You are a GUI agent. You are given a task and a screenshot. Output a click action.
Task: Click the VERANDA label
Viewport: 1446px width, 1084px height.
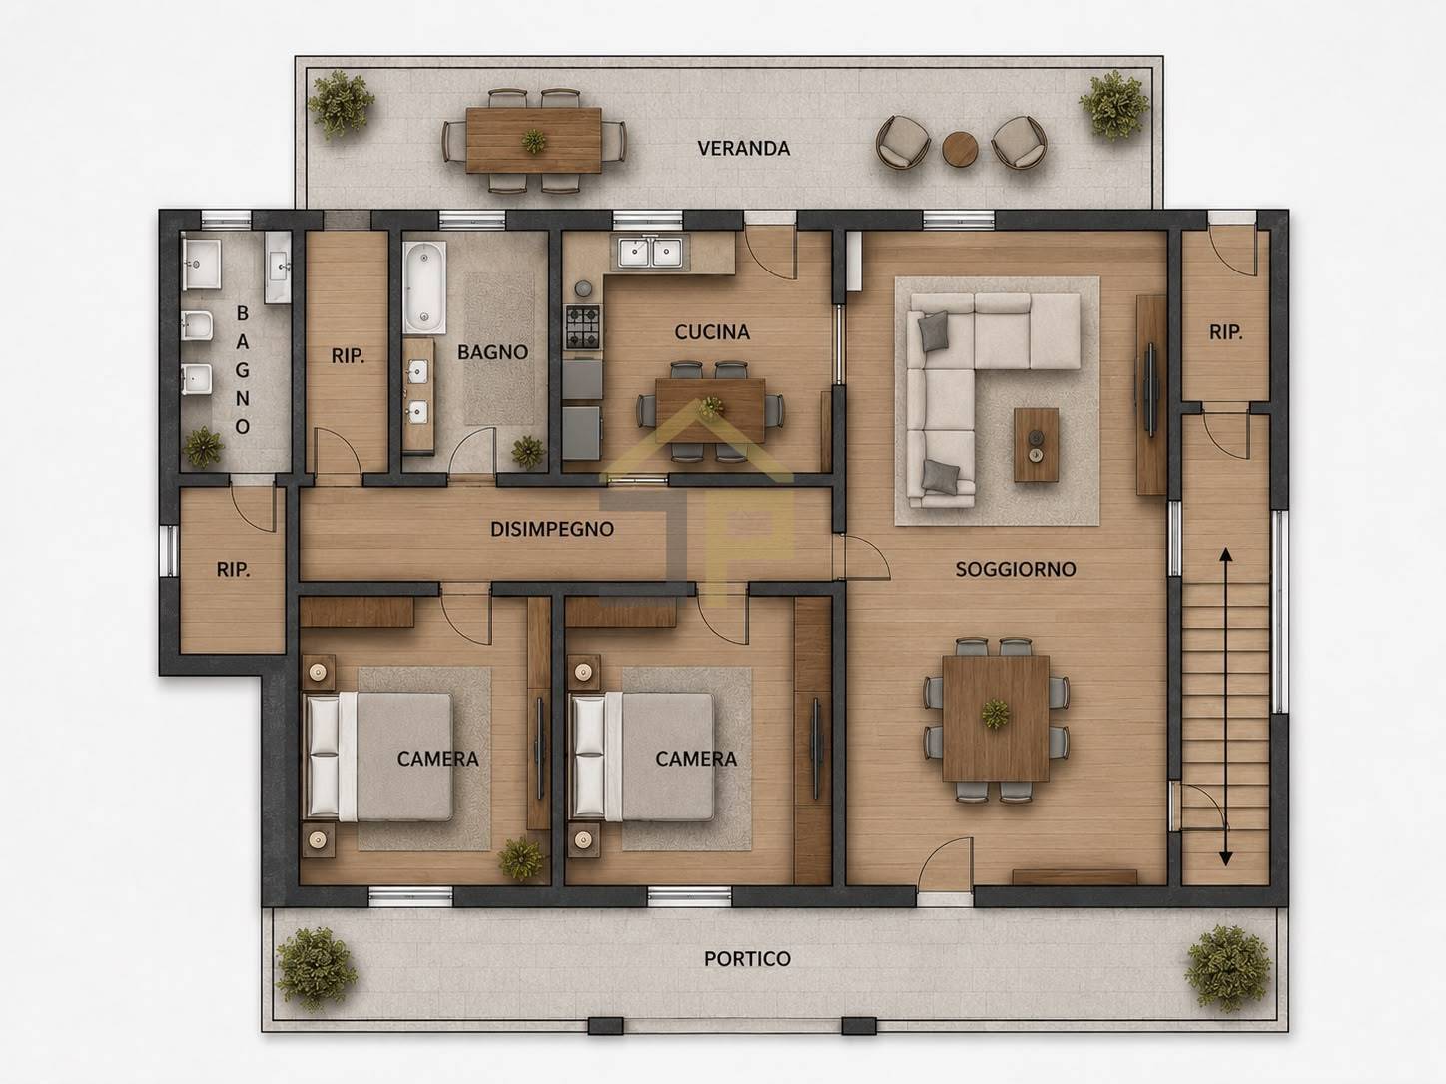(x=743, y=148)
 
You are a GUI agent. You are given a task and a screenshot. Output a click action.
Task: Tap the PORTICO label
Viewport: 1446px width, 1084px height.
(x=747, y=959)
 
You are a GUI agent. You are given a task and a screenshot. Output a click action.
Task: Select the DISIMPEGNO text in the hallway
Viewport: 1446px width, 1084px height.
(x=552, y=529)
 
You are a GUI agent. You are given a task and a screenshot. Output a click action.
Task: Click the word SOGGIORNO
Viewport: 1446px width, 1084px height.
(x=1016, y=569)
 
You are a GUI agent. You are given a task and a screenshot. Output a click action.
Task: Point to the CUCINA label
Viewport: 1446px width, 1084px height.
(x=712, y=332)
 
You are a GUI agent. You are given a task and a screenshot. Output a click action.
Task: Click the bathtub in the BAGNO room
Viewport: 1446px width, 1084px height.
(x=424, y=286)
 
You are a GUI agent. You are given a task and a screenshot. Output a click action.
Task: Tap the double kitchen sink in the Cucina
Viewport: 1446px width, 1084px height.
(x=649, y=252)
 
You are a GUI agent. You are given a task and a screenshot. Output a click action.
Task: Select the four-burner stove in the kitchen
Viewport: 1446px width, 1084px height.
(x=583, y=326)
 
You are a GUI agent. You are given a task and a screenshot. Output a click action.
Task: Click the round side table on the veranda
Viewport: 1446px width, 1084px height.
(x=960, y=150)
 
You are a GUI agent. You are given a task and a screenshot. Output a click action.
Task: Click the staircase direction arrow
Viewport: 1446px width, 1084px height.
(x=1225, y=706)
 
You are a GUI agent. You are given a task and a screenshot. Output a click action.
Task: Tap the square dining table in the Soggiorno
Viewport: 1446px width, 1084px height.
(x=996, y=718)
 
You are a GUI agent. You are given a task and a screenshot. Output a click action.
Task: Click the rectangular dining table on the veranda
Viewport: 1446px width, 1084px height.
(x=533, y=140)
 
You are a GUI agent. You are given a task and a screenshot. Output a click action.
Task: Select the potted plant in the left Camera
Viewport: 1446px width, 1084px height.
(x=521, y=858)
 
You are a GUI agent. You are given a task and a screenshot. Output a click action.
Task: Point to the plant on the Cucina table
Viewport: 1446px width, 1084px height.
(x=710, y=408)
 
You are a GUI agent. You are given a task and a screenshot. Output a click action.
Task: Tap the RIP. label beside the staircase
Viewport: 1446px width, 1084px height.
(x=1226, y=332)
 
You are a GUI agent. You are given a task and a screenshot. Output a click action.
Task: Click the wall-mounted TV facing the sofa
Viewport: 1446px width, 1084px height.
(x=1150, y=389)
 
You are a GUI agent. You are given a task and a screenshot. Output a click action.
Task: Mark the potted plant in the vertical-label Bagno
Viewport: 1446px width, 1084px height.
(x=203, y=447)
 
